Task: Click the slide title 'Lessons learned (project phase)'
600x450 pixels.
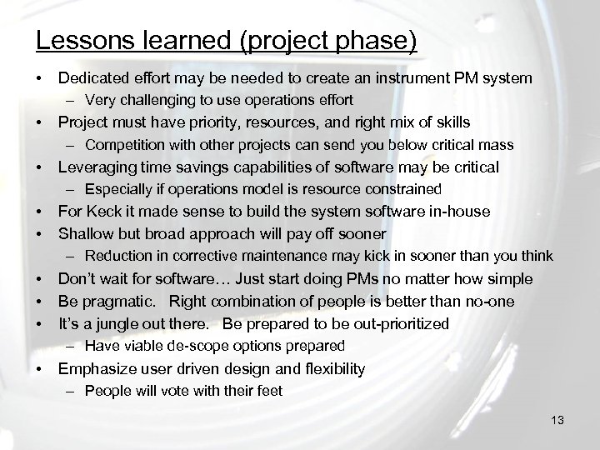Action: pyautogui.click(x=227, y=41)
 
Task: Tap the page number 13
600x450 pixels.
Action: pyautogui.click(x=557, y=421)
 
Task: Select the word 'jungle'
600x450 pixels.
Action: pyautogui.click(x=108, y=323)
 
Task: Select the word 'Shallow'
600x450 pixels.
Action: pyautogui.click(x=84, y=234)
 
